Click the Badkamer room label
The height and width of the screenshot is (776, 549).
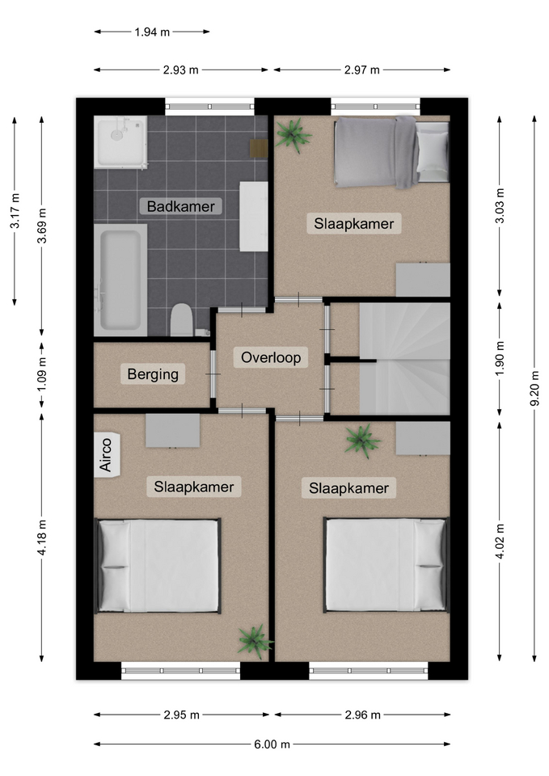(x=180, y=206)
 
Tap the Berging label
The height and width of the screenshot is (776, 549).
(x=153, y=374)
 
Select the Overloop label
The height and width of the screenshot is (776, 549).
(x=271, y=357)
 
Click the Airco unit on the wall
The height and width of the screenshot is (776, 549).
(x=105, y=454)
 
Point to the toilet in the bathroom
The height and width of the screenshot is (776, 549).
(x=182, y=320)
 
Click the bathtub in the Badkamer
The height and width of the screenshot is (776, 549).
(x=120, y=280)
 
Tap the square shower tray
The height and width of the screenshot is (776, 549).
(x=120, y=142)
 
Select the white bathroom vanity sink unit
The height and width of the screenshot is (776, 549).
(x=253, y=217)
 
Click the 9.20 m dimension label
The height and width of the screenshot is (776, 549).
(x=534, y=389)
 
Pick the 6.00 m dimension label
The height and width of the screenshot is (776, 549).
(x=272, y=744)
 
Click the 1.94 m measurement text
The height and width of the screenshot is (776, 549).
(x=152, y=32)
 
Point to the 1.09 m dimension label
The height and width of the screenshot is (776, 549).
(x=42, y=374)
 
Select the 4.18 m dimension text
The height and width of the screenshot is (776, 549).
(x=42, y=538)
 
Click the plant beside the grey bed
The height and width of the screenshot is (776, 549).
(x=293, y=135)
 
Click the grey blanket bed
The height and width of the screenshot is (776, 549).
(x=391, y=152)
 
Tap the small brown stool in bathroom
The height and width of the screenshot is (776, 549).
(x=259, y=149)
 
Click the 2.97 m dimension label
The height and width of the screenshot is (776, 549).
(x=362, y=70)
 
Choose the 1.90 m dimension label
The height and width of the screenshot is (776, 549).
(x=500, y=358)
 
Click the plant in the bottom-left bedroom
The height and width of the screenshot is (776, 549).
(x=255, y=641)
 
